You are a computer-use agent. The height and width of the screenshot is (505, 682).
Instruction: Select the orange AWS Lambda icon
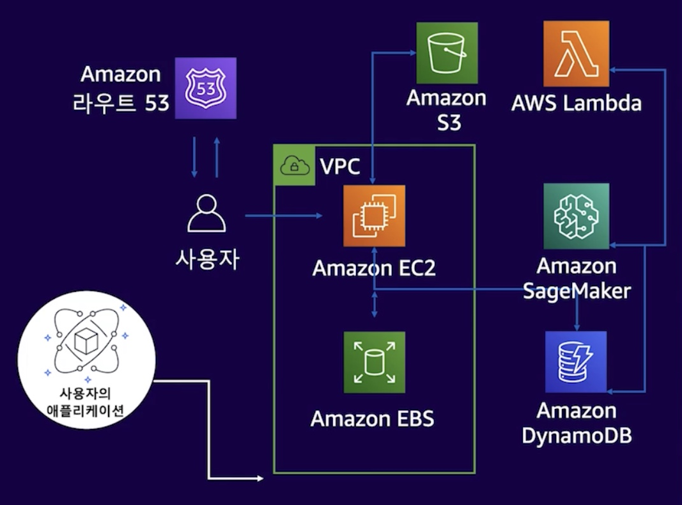[x=576, y=53]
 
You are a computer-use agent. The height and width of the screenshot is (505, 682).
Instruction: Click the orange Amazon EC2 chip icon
[x=374, y=216]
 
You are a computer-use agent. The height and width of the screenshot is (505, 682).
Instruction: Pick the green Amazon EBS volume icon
[x=374, y=362]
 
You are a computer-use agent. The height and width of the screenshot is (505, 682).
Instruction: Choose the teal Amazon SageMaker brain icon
[x=576, y=216]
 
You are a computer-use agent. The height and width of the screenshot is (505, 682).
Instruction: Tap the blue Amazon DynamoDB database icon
[x=575, y=362]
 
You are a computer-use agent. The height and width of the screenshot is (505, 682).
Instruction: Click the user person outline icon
[x=206, y=214]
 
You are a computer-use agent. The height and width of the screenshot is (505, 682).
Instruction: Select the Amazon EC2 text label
[x=374, y=268]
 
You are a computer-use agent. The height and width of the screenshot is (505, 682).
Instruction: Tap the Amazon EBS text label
[x=372, y=419]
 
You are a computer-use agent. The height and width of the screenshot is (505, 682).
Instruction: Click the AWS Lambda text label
[x=577, y=102]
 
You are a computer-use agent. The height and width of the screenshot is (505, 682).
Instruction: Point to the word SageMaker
[x=577, y=291]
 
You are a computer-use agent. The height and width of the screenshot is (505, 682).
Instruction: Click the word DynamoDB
[x=577, y=435]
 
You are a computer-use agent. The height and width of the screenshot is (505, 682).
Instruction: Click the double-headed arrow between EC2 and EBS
[x=375, y=305]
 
